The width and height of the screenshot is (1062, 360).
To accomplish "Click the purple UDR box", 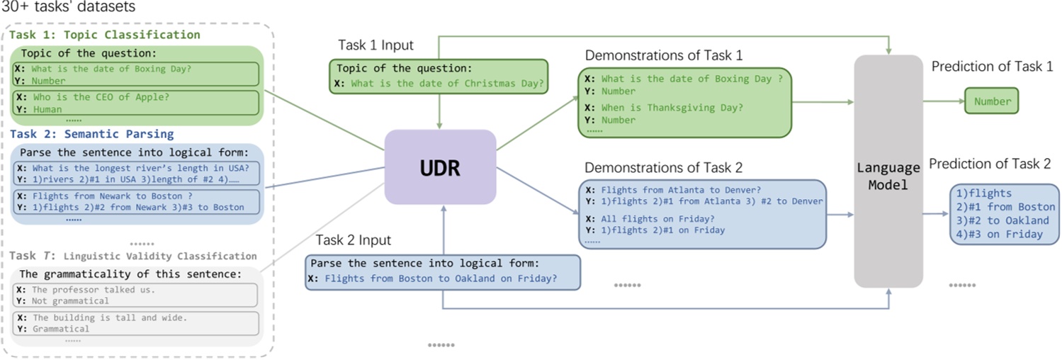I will (440, 167).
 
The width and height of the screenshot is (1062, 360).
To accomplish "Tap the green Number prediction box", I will (992, 101).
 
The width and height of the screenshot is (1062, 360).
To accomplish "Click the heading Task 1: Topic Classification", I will (105, 35).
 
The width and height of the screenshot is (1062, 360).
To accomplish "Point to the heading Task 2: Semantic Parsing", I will (91, 134).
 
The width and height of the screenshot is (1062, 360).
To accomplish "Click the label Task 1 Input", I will (375, 46).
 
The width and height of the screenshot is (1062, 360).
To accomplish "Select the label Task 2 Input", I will (353, 240).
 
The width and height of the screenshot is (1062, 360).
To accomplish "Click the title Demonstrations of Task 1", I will (663, 55).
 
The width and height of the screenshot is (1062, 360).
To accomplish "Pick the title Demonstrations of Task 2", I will (663, 167).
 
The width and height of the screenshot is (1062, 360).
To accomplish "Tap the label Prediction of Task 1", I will (992, 67).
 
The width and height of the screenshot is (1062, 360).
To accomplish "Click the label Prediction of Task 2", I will (990, 164).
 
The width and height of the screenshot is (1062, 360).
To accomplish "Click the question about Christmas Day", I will (447, 84).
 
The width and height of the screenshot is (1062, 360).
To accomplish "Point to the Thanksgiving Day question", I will (672, 108).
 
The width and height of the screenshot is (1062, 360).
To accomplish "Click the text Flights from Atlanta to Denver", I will (680, 190).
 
